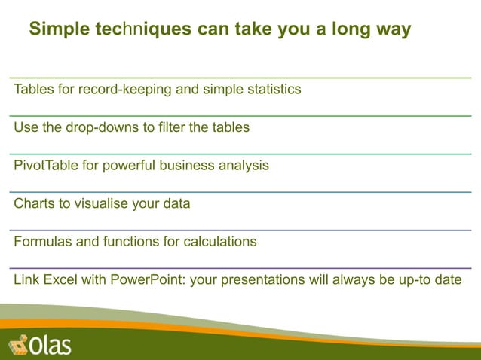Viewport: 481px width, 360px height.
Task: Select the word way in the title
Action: tap(394, 29)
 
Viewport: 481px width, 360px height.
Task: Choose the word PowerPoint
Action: tap(148, 280)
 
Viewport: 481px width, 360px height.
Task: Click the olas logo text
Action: tap(50, 345)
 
